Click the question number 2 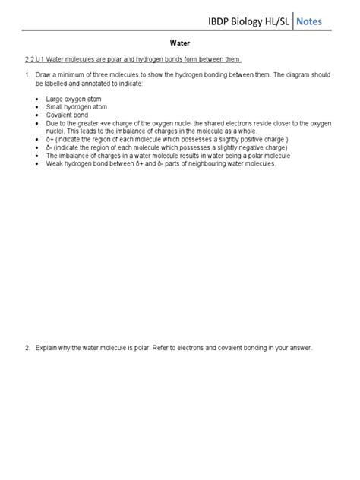click(x=27, y=349)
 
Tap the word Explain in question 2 click(x=49, y=349)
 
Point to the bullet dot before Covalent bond click(x=38, y=115)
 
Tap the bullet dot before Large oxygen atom click(x=38, y=99)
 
